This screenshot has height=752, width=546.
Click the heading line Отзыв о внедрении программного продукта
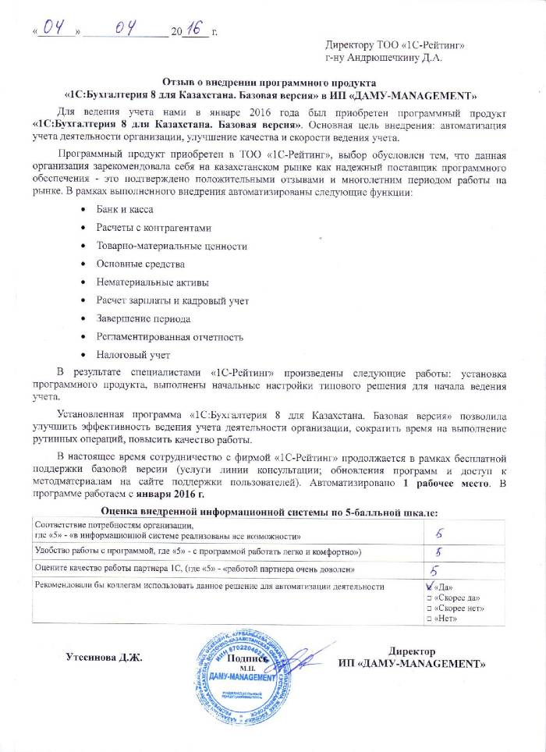coord(269,82)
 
